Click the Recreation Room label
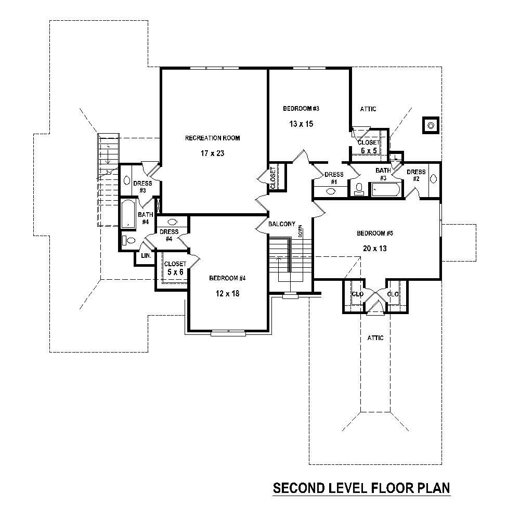point(213,138)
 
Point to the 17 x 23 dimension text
point(213,153)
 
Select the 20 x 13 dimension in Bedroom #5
point(375,248)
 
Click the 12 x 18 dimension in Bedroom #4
point(227,293)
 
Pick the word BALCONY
point(282,224)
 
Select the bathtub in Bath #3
point(386,190)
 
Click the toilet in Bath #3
point(358,189)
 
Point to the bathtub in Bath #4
point(127,214)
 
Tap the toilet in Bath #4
point(128,241)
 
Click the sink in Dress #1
point(331,191)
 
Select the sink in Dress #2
point(434,179)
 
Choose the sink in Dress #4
point(172,222)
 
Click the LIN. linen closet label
point(145,256)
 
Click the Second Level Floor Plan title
point(361,488)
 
